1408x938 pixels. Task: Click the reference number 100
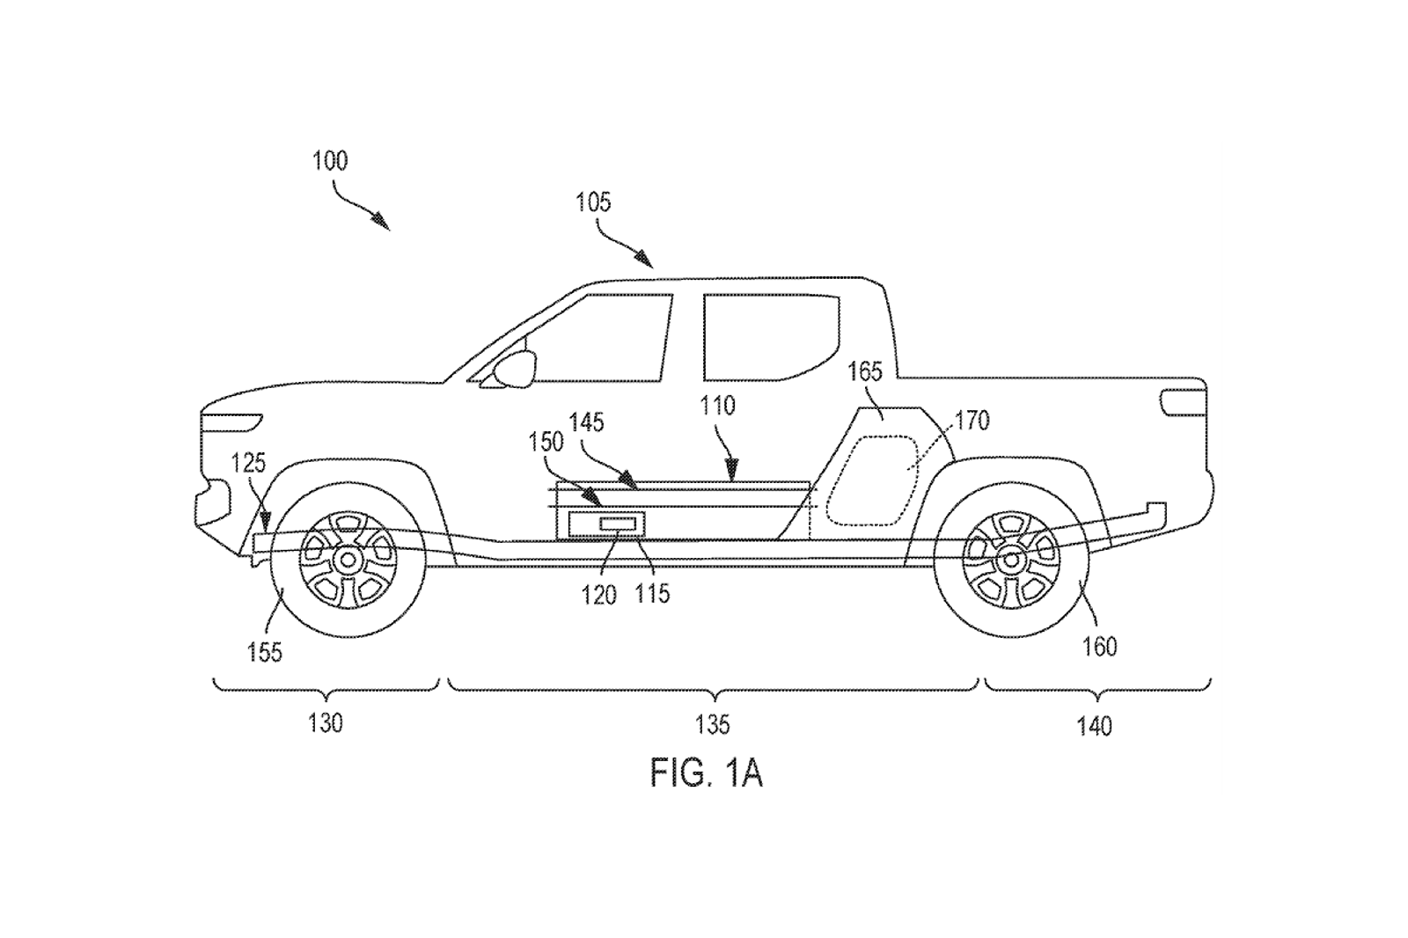pos(330,162)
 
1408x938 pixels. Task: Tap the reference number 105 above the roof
pos(593,202)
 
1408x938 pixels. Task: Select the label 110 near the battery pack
pos(717,407)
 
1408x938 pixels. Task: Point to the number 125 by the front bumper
pos(248,464)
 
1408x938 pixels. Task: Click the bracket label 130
pos(326,723)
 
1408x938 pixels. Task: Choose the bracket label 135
pos(712,725)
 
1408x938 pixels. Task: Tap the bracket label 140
pos(1095,726)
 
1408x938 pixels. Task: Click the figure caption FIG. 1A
pos(707,773)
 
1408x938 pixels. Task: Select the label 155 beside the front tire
pos(265,652)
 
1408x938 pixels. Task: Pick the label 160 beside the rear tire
pos(1099,646)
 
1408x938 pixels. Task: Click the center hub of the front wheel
pos(348,560)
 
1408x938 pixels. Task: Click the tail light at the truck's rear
pos(1183,402)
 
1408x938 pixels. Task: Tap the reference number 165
pos(865,372)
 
